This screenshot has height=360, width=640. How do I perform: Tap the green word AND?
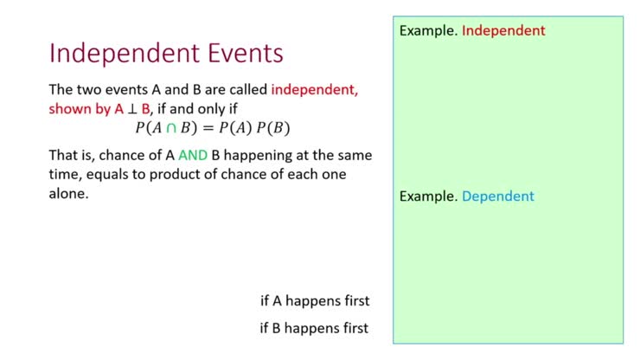point(194,156)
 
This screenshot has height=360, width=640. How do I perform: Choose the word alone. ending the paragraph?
point(69,194)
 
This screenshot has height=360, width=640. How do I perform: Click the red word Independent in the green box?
point(503,31)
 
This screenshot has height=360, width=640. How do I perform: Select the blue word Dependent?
point(497,196)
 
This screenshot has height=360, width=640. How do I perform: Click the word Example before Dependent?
point(427,196)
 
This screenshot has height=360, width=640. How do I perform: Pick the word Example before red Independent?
point(427,31)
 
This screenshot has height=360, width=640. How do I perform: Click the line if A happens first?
point(315,301)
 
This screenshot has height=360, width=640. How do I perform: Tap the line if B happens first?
point(315,328)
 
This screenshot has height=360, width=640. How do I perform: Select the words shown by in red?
point(80,109)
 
